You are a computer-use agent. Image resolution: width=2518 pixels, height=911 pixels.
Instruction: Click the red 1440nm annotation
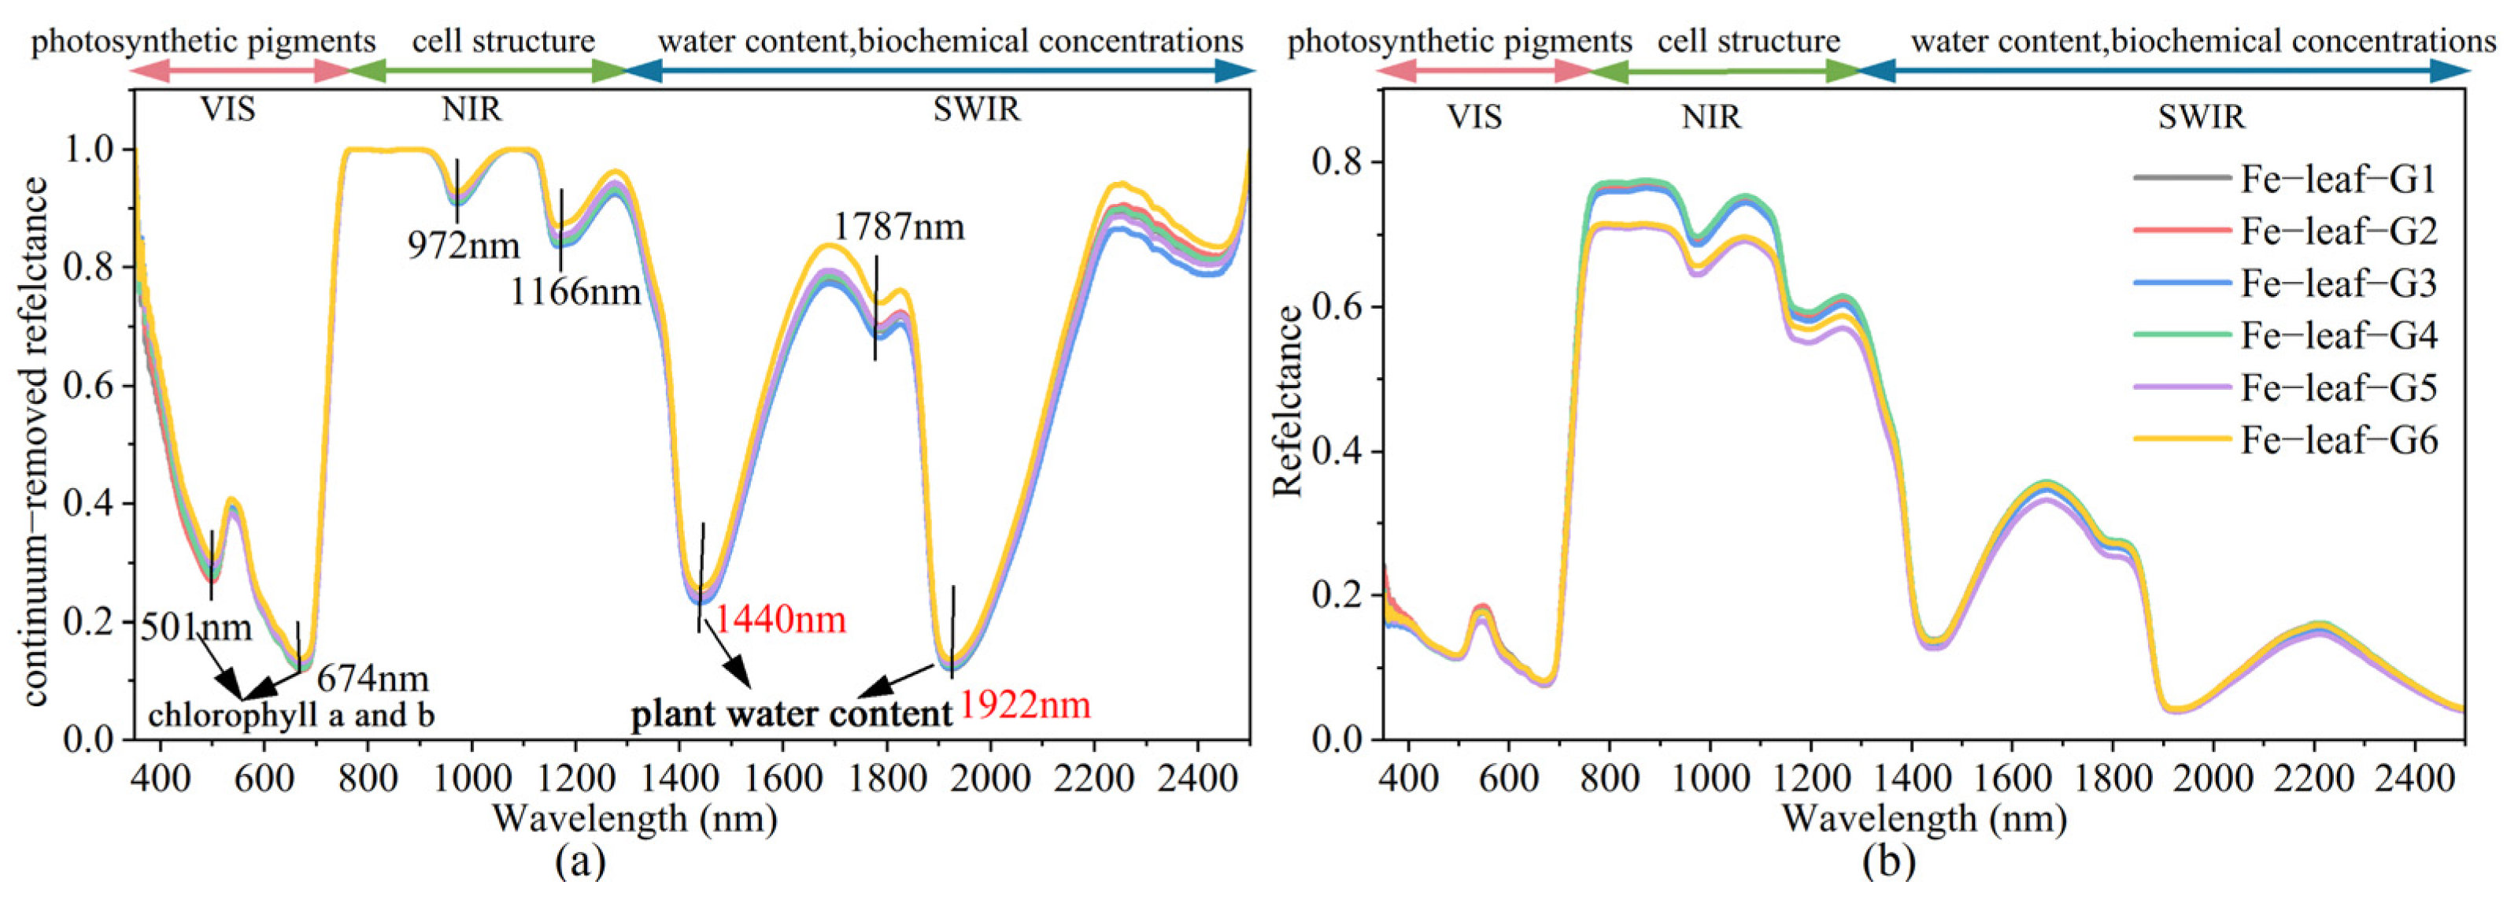(x=780, y=620)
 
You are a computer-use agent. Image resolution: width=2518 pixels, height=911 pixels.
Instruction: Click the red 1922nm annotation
(x=1024, y=705)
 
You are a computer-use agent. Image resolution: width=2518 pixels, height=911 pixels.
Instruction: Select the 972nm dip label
(x=464, y=246)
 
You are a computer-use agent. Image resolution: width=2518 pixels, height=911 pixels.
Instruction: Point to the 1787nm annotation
(x=898, y=227)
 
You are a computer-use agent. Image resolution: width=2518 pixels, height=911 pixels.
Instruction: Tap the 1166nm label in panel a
(x=575, y=291)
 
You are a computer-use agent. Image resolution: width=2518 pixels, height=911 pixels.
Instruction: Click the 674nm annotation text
(x=372, y=677)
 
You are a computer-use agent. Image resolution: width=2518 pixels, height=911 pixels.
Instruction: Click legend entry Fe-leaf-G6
(x=2338, y=441)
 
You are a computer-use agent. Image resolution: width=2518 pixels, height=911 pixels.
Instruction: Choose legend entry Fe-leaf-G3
(x=2338, y=283)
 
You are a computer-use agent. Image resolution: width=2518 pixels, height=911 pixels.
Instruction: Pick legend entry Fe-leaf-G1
(x=2338, y=179)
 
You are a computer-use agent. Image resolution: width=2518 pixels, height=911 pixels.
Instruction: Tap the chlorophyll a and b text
(x=291, y=716)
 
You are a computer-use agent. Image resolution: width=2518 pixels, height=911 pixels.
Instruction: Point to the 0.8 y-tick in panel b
(x=1339, y=162)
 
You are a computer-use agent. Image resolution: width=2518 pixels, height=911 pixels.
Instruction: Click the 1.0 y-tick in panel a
(x=90, y=150)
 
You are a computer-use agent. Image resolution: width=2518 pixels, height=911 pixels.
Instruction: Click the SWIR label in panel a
(x=975, y=109)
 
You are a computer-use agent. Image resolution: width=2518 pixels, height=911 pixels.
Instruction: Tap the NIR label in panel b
(x=1710, y=117)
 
